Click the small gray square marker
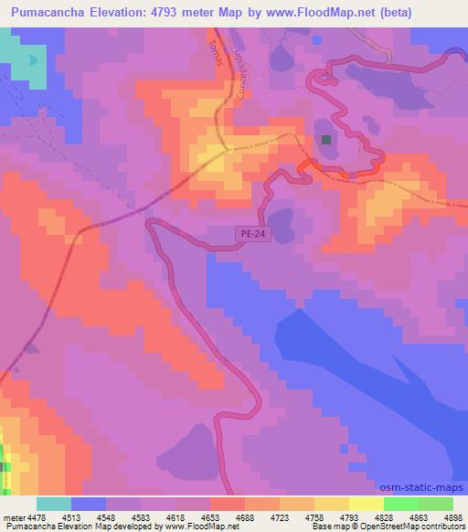pos(326,139)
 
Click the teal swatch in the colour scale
pos(54,503)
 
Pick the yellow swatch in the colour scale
pos(332,503)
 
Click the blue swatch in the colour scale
pos(89,503)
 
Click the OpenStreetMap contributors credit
pos(417,527)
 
